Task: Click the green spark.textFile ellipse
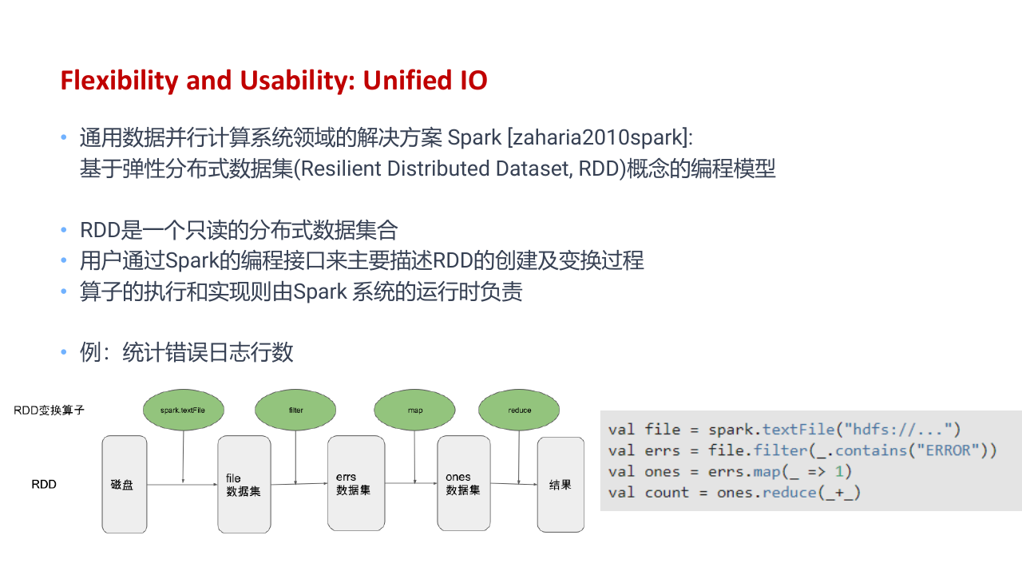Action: click(184, 410)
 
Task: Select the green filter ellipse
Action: click(295, 410)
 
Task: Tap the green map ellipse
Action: click(414, 410)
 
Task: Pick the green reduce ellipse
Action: click(519, 410)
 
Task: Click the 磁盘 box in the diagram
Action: click(125, 484)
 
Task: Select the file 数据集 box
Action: click(244, 484)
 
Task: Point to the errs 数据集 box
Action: click(356, 483)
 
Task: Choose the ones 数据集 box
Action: click(464, 483)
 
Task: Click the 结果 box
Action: click(561, 484)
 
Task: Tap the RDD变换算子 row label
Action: click(50, 410)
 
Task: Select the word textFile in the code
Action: click(798, 430)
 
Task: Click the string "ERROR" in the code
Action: click(948, 450)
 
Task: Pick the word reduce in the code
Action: click(790, 493)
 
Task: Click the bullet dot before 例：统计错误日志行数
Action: click(64, 352)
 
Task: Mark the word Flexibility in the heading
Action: click(120, 81)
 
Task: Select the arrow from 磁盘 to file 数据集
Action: click(183, 484)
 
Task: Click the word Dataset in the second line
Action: click(534, 169)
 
